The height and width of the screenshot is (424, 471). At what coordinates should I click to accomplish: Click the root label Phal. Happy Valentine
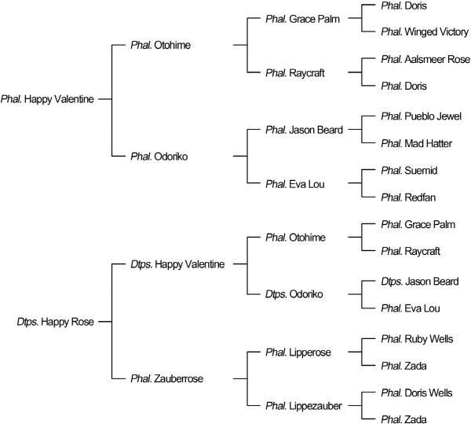tap(48, 99)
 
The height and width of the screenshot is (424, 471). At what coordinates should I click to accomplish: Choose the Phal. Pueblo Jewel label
tap(420, 116)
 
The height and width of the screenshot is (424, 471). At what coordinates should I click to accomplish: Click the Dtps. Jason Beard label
tap(421, 282)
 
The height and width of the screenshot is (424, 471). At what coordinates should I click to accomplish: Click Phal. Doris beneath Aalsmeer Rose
tap(405, 87)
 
